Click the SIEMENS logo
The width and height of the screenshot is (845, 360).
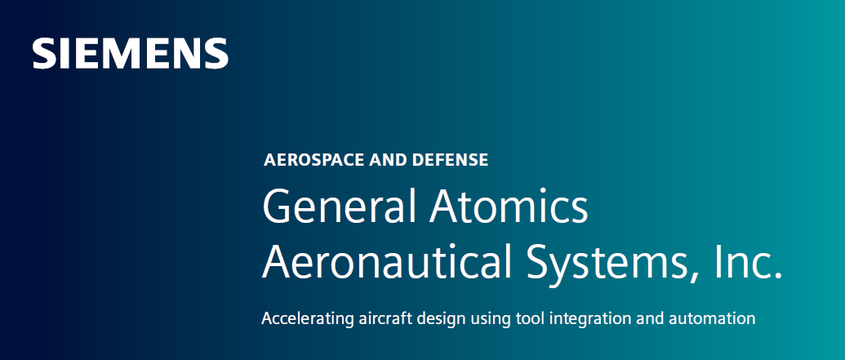[x=130, y=53]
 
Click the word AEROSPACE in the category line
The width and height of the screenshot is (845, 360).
[x=314, y=160]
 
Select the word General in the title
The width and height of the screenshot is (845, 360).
[x=336, y=208]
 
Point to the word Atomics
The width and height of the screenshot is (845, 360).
[x=508, y=208]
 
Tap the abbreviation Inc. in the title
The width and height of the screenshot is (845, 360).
[x=748, y=262]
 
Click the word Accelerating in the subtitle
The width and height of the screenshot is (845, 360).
[x=305, y=318]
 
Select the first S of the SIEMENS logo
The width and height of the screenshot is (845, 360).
[x=44, y=53]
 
